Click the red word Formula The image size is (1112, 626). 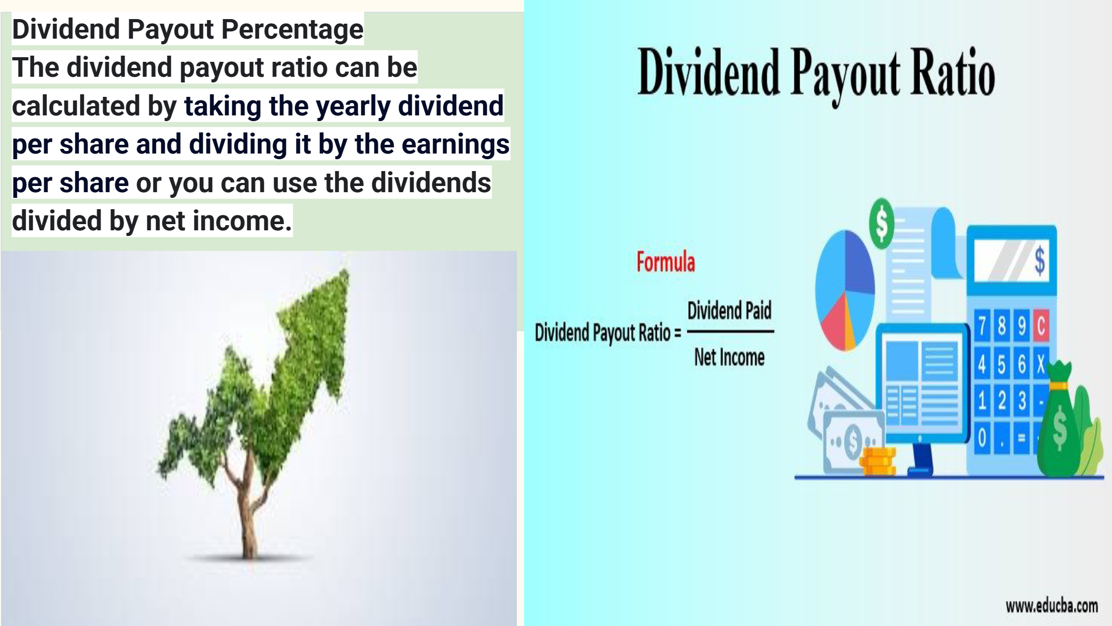pyautogui.click(x=666, y=262)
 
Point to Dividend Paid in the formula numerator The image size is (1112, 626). pyautogui.click(x=729, y=311)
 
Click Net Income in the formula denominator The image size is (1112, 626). pyautogui.click(x=729, y=357)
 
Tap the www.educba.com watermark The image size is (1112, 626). pyautogui.click(x=1052, y=606)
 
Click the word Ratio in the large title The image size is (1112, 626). pyautogui.click(x=953, y=73)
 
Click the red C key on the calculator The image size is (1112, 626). pyautogui.click(x=1040, y=326)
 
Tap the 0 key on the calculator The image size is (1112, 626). pyautogui.click(x=982, y=438)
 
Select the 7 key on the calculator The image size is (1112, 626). pyautogui.click(x=982, y=326)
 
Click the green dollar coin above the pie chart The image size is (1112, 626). pyautogui.click(x=882, y=224)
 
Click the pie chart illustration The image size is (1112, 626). pyautogui.click(x=845, y=290)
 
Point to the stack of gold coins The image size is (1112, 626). pyautogui.click(x=879, y=462)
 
